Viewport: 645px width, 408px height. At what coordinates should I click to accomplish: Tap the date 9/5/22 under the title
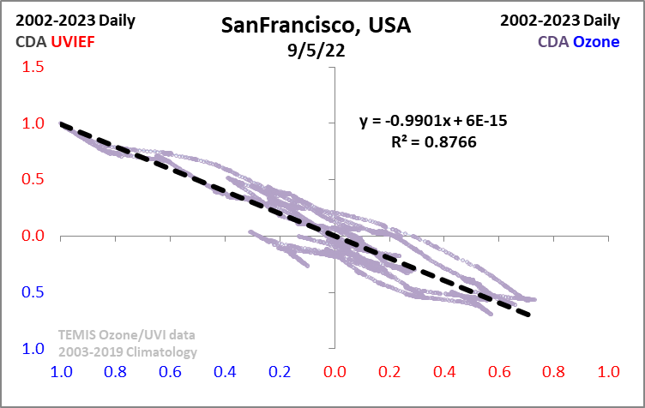coord(316,49)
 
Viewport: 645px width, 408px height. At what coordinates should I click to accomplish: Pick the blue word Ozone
coord(596,40)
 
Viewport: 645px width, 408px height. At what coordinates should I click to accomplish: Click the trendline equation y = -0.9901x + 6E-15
coord(433,121)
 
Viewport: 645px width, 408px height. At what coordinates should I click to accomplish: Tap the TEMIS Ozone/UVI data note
coord(126,335)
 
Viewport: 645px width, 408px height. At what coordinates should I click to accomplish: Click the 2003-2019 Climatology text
coord(128,351)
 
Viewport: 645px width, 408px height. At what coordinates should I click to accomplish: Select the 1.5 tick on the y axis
coord(33,67)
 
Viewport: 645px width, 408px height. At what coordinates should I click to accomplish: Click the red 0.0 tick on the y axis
coord(33,236)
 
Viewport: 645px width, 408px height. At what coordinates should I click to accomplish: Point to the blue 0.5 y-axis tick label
coord(33,292)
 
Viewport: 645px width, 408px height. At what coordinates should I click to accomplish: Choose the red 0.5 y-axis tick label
coord(33,180)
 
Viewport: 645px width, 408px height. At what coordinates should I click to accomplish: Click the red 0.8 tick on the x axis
coord(554,373)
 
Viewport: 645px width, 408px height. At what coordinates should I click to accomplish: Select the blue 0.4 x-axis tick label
coord(226,373)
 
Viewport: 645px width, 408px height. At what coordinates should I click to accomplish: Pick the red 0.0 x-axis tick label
coord(335,373)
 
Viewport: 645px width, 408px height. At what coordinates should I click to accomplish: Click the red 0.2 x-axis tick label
coord(390,373)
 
